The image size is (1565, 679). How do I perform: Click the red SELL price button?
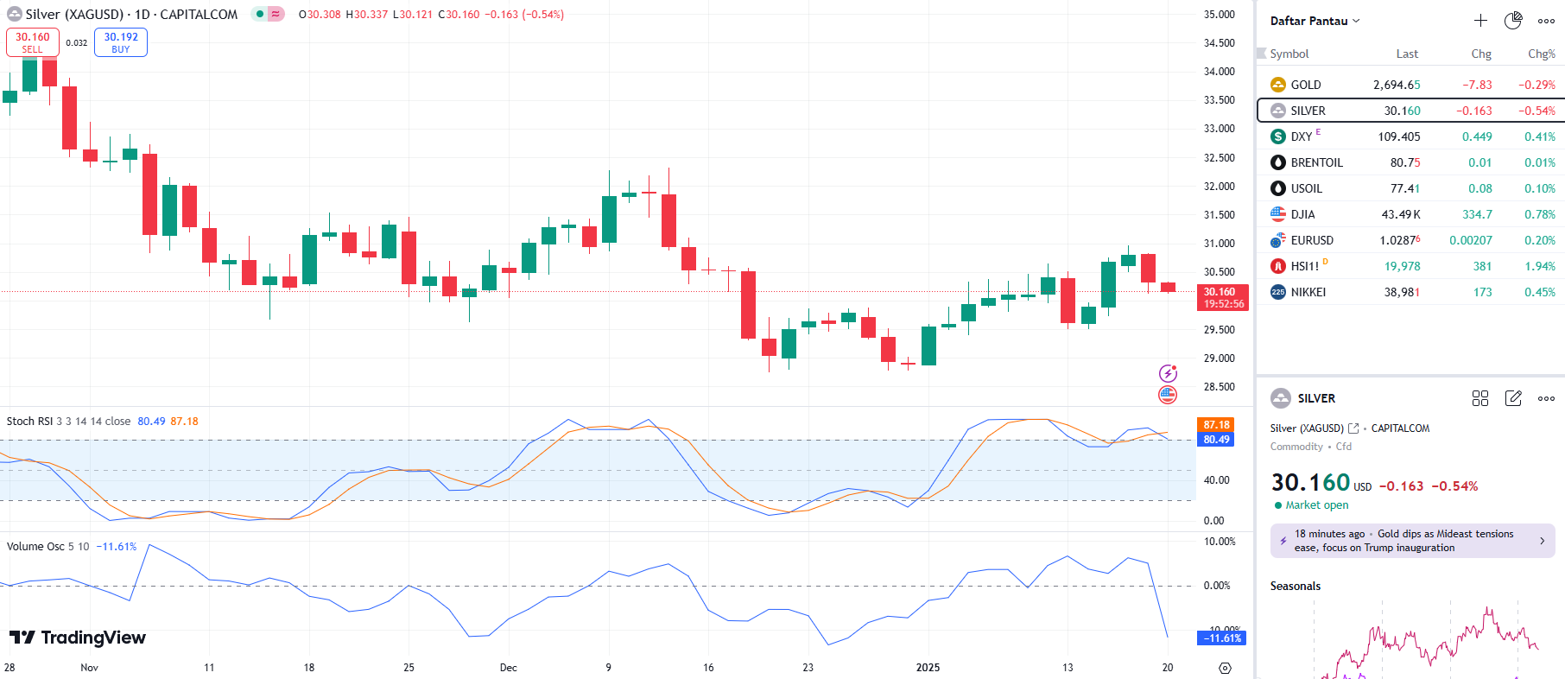click(33, 42)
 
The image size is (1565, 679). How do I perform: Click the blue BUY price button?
click(121, 42)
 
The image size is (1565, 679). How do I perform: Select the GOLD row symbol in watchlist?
click(1305, 85)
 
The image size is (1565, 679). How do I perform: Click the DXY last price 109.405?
click(1398, 136)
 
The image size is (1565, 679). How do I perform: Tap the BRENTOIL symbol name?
click(1316, 162)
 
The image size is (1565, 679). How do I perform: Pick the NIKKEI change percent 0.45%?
click(1540, 292)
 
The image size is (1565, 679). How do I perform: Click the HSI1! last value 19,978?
click(1402, 266)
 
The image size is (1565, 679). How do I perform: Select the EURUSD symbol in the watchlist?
click(1312, 240)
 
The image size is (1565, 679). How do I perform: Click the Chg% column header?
click(1541, 54)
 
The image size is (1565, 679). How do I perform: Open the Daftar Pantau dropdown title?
click(1314, 21)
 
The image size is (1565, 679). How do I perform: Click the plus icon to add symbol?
click(1480, 21)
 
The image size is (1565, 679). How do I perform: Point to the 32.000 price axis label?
click(1219, 187)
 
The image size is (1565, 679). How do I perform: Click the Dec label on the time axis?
click(509, 667)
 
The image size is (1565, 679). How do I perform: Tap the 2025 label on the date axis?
click(928, 667)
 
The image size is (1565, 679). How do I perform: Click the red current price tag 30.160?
click(1222, 297)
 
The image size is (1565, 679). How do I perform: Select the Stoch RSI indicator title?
click(30, 422)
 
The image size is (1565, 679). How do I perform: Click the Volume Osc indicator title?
click(35, 547)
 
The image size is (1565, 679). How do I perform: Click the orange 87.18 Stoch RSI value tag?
click(1216, 425)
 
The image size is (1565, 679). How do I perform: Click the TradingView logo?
click(78, 638)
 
